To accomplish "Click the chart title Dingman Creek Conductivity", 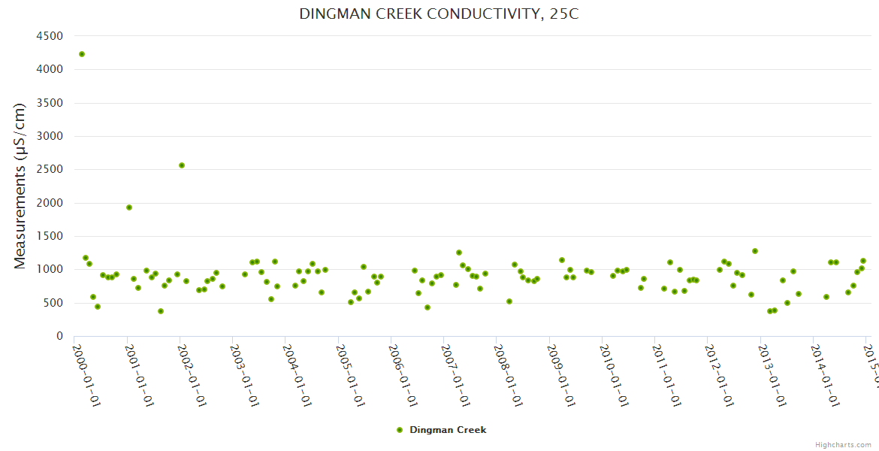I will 439,14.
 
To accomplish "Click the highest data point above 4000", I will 82,54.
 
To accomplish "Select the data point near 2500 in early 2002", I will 182,165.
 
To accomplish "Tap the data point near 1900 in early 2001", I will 129,207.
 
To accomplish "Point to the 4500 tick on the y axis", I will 50,36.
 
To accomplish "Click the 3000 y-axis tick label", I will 50,136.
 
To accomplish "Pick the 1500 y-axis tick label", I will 50,236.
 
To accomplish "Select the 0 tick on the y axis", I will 59,336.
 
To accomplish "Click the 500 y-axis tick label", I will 53,303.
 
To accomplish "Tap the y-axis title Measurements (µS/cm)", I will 20,186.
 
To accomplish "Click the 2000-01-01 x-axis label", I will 86,376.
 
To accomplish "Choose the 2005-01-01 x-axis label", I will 351,376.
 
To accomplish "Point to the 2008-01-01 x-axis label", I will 509,376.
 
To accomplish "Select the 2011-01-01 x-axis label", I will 668,376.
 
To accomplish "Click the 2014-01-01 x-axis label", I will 826,376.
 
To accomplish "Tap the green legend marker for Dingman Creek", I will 400,430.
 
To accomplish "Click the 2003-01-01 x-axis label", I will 245,376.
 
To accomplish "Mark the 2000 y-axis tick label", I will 50,203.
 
